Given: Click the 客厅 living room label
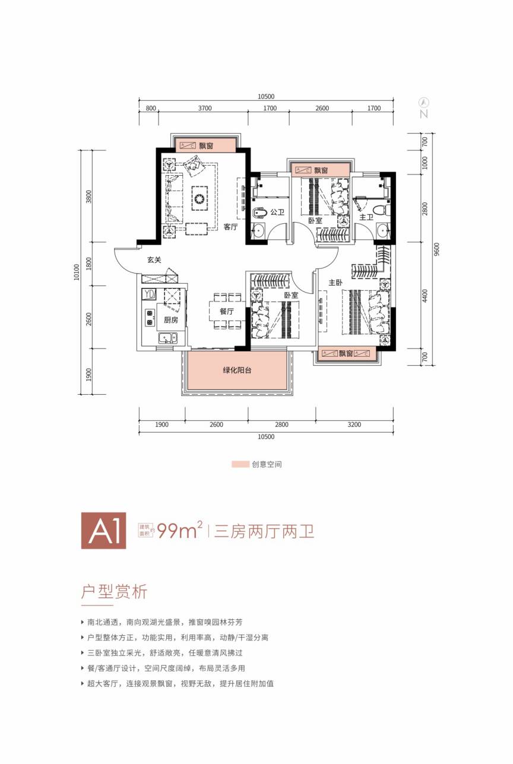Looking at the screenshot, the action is click(x=230, y=227).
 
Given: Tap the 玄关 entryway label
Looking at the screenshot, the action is click(x=154, y=260).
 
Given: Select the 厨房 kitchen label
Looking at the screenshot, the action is click(x=171, y=319).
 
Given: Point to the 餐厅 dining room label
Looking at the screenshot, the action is click(x=226, y=311).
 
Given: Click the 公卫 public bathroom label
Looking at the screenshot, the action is click(x=277, y=212).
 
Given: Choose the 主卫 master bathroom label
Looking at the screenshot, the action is click(x=366, y=217).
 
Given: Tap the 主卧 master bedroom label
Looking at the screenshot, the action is click(x=335, y=283).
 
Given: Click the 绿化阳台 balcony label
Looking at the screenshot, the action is click(x=237, y=370).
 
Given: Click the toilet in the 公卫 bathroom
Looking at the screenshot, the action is click(x=260, y=213).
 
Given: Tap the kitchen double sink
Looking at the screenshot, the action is click(x=168, y=338).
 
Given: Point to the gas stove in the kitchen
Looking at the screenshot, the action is click(x=150, y=317).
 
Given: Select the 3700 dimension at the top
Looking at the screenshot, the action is click(x=205, y=108).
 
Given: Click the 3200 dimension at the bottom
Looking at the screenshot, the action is click(x=354, y=424).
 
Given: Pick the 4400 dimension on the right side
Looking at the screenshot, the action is click(x=425, y=296).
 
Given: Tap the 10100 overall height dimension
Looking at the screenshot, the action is click(x=77, y=272).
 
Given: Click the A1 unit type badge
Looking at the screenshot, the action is click(x=104, y=531).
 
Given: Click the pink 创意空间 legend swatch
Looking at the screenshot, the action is click(x=240, y=464).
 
